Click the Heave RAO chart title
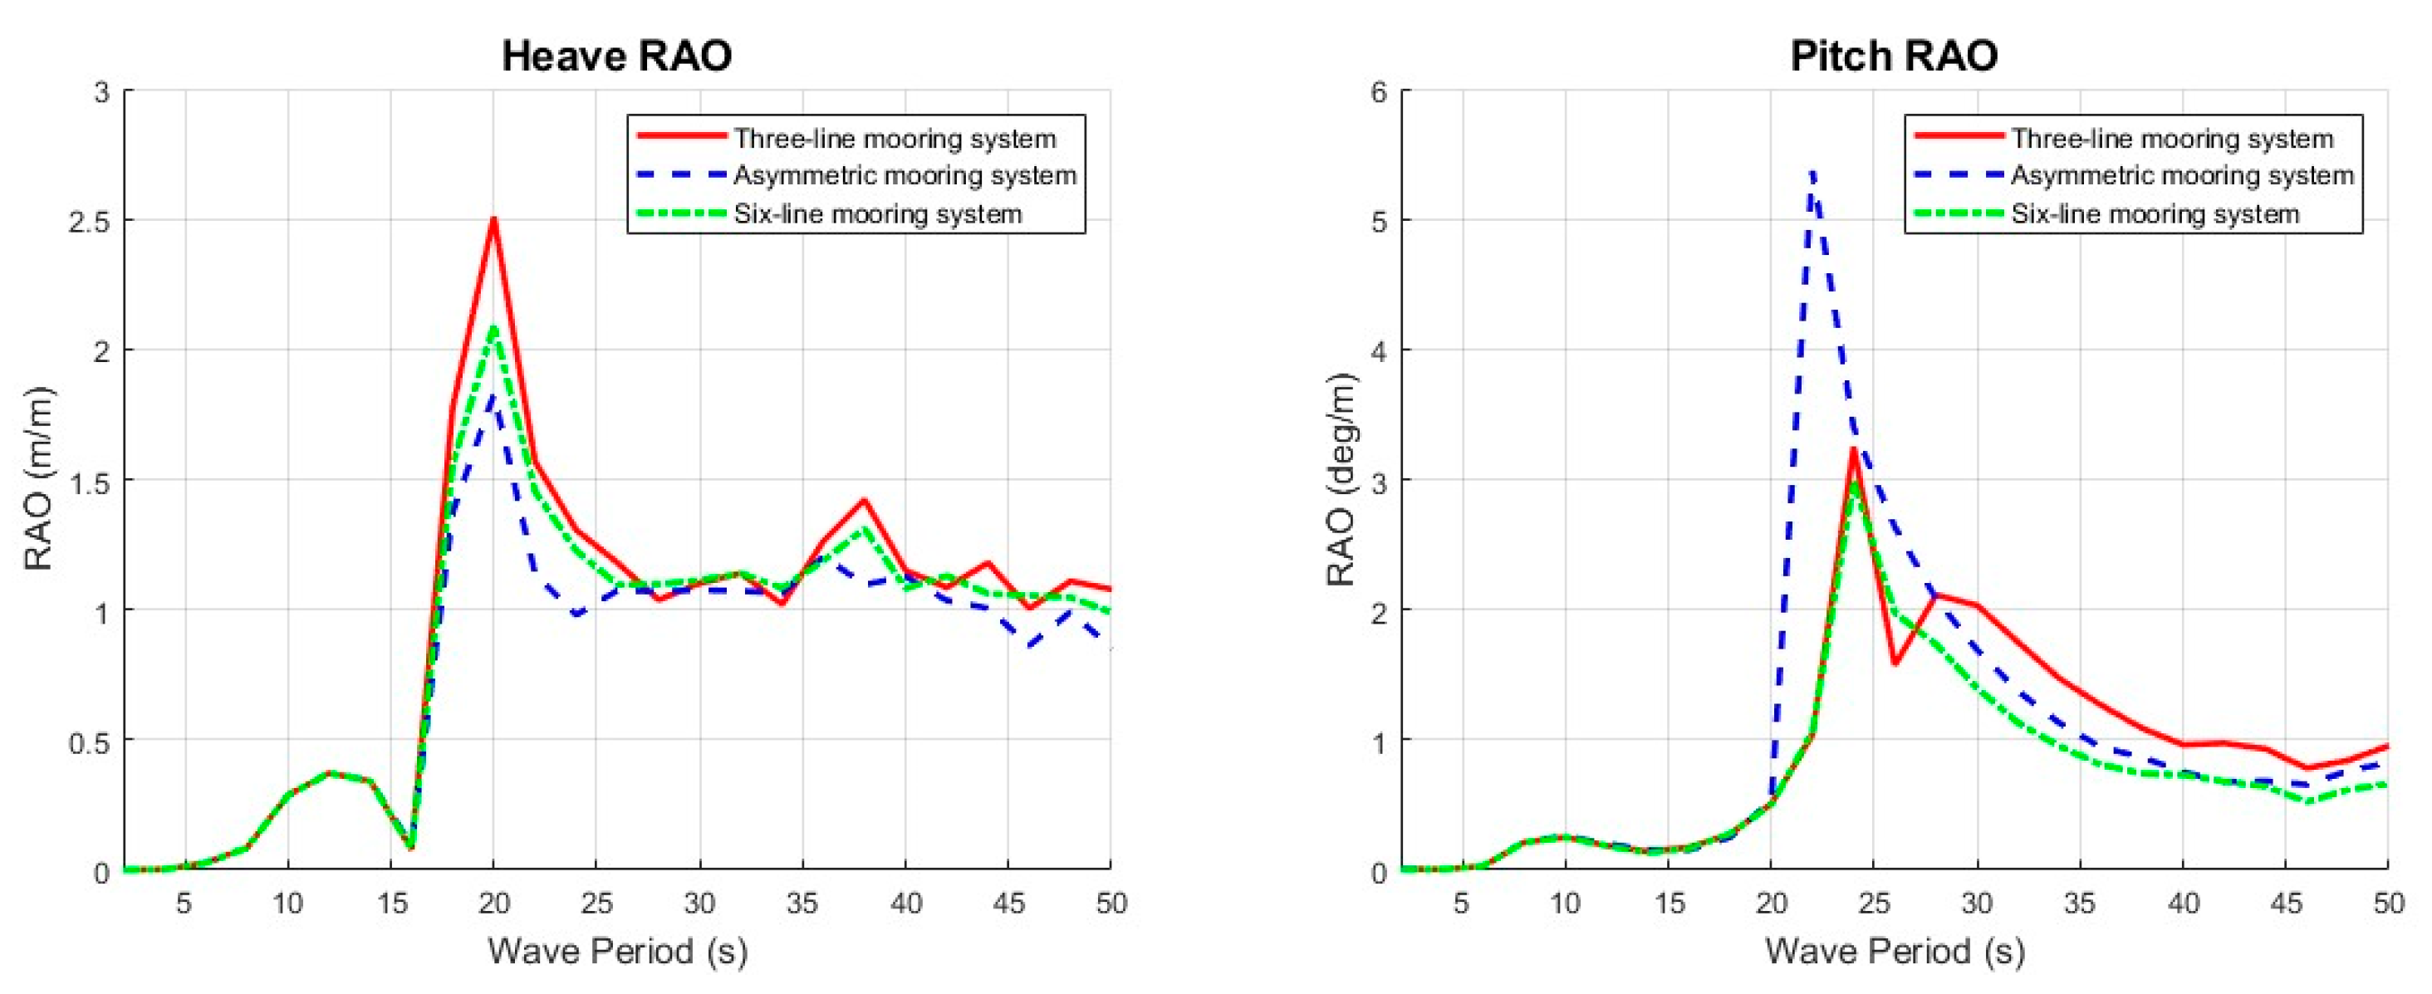click(616, 56)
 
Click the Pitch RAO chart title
click(1894, 56)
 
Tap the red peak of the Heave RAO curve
click(493, 220)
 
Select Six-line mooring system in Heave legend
click(877, 214)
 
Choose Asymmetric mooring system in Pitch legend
click(2182, 175)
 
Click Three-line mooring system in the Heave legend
click(894, 139)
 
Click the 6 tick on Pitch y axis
click(1380, 92)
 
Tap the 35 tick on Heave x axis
click(802, 903)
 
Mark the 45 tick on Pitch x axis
click(2285, 903)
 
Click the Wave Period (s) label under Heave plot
click(616, 951)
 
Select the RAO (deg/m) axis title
click(1341, 479)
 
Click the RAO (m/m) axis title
click(37, 479)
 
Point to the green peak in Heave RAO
click(493, 327)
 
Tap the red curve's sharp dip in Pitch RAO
click(1895, 663)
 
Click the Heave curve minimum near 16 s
click(410, 847)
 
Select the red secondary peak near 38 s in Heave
click(863, 500)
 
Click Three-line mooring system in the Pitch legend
click(2171, 139)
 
